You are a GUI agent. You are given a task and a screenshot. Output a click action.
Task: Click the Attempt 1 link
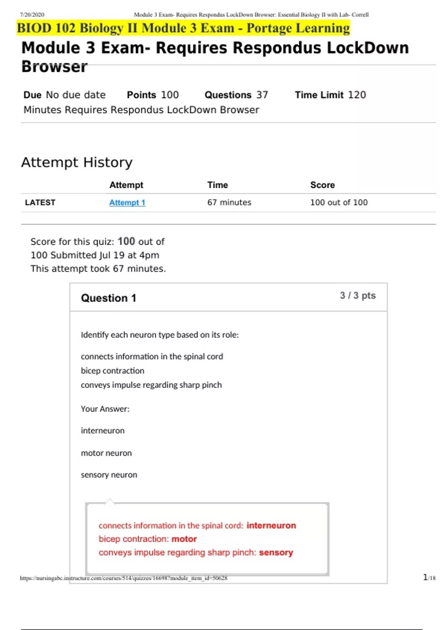[127, 202]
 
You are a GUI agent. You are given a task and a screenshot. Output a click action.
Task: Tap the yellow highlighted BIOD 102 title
[183, 28]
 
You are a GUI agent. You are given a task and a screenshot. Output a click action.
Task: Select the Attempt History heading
[77, 162]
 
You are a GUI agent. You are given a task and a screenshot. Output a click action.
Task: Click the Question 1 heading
[108, 298]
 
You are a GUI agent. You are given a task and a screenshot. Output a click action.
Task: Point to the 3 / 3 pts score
[357, 295]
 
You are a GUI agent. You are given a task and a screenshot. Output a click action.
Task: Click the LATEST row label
[40, 202]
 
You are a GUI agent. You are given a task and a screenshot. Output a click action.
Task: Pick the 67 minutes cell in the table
[229, 202]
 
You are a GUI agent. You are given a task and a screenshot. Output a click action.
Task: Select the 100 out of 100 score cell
[339, 202]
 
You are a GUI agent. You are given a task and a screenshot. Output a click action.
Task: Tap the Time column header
[218, 185]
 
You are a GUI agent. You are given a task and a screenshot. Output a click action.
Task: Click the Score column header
[322, 185]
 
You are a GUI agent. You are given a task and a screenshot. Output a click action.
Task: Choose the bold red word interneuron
[271, 525]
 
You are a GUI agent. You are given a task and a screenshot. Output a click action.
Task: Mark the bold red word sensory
[276, 553]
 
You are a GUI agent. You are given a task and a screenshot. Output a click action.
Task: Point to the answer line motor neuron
[106, 453]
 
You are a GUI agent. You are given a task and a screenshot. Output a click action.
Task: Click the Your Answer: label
[105, 409]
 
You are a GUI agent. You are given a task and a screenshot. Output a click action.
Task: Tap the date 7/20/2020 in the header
[32, 15]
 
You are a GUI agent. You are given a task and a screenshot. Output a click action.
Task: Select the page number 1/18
[429, 577]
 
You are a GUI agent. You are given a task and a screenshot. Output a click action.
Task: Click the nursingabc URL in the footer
[124, 578]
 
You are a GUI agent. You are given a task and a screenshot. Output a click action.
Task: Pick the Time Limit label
[319, 95]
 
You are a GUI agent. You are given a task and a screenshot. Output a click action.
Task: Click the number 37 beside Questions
[262, 95]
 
